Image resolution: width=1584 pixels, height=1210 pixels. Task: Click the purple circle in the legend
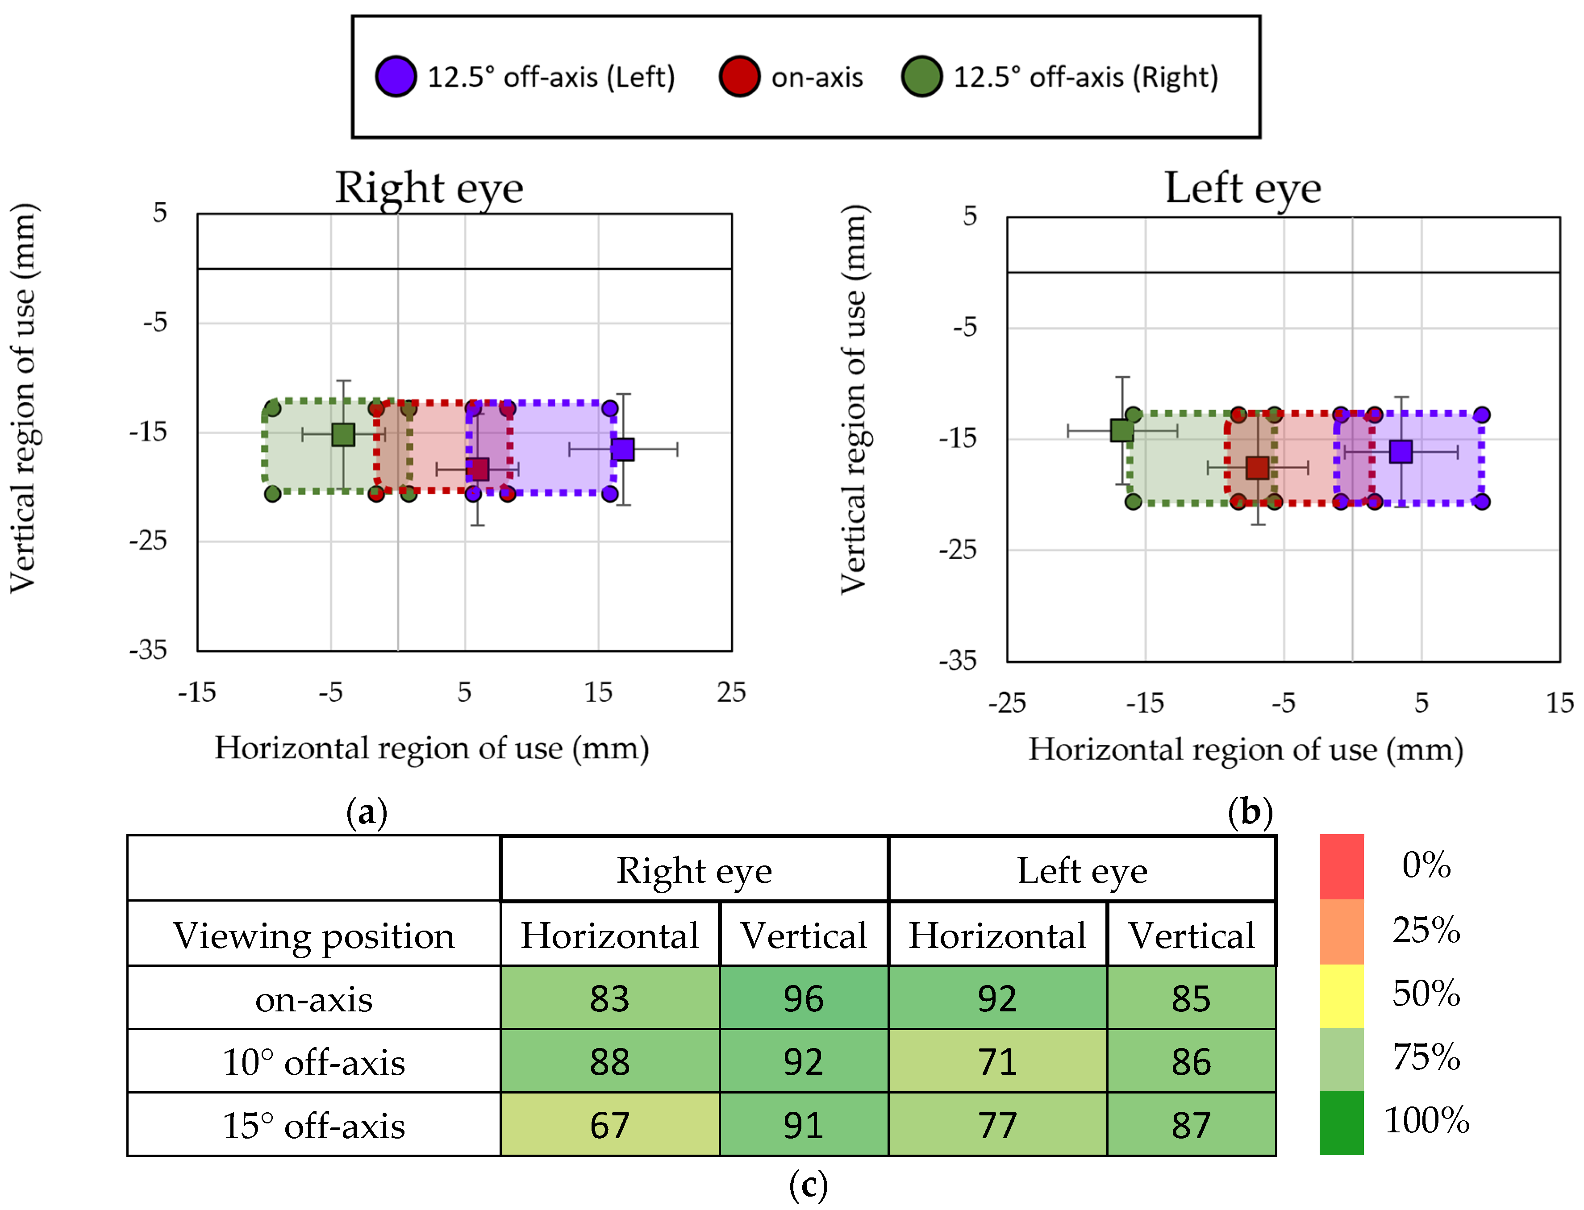coord(396,76)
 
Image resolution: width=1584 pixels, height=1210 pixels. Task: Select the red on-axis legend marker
coord(739,76)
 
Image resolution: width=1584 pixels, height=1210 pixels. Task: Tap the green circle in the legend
coord(921,76)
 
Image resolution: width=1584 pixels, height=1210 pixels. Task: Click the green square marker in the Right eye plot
coord(343,434)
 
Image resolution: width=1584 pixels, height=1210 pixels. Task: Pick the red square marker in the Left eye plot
coord(1257,467)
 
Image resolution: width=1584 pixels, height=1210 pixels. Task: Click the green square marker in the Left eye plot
coord(1121,431)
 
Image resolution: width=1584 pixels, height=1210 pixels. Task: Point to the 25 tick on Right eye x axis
coord(731,693)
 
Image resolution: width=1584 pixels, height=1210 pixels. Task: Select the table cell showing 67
coord(609,1125)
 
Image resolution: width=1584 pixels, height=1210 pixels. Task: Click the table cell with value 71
coord(997,1062)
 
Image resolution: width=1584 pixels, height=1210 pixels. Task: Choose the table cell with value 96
coord(803,998)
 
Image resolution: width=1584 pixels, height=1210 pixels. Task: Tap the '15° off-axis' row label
coord(313,1125)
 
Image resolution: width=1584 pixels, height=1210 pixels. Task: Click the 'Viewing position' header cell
coord(313,936)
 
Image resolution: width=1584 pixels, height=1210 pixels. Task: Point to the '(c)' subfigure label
coord(808,1185)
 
